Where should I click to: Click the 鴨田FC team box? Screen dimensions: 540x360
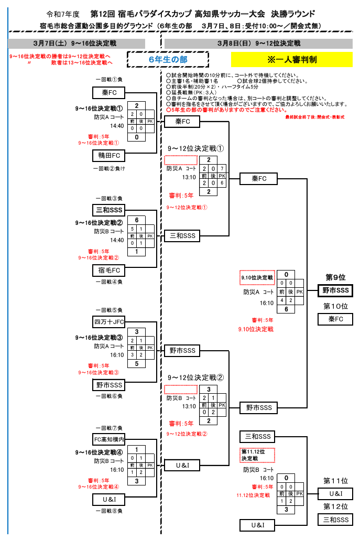tap(109, 156)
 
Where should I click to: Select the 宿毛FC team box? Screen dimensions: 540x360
tap(109, 271)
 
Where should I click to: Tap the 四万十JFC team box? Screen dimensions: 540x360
tap(109, 321)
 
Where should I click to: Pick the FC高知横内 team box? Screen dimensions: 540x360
tap(109, 439)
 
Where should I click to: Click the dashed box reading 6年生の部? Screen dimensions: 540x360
tap(168, 60)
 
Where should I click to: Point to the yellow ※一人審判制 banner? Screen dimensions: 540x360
tap(292, 60)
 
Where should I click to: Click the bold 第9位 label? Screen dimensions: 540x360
tap(336, 277)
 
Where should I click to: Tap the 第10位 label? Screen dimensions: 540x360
tap(336, 306)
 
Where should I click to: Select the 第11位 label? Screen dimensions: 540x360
tap(336, 480)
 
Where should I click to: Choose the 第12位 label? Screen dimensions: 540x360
tap(336, 506)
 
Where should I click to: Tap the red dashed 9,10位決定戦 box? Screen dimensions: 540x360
tap(257, 277)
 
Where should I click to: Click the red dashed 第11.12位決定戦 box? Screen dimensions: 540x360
tap(257, 455)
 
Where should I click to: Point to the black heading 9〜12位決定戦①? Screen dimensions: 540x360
tap(196, 148)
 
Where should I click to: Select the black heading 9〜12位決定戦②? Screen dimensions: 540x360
tap(196, 377)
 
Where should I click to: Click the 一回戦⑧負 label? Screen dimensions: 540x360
tap(109, 511)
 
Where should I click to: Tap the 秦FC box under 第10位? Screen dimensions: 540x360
tap(335, 319)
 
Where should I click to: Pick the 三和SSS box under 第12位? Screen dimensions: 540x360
tap(335, 520)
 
